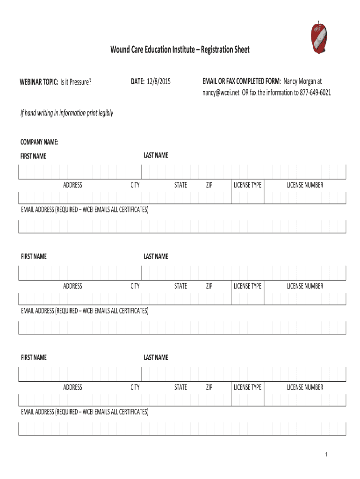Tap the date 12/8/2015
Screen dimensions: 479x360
click(159, 82)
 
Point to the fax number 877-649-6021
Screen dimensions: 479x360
click(315, 93)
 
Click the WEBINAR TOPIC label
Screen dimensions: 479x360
click(39, 82)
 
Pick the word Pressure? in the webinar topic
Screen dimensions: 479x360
click(79, 82)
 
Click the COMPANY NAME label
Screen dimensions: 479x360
click(39, 142)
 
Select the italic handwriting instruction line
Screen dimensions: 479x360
click(66, 113)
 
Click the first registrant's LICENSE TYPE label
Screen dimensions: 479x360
click(247, 185)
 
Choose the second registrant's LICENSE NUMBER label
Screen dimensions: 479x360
click(305, 286)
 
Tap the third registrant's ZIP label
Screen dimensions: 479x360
click(209, 387)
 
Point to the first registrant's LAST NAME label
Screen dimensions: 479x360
click(156, 155)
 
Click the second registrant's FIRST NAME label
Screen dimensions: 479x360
click(34, 256)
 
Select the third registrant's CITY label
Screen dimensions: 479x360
click(135, 387)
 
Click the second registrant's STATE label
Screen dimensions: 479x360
click(180, 286)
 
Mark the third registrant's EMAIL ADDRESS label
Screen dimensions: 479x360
click(85, 412)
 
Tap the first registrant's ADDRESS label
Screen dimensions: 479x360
click(72, 185)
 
